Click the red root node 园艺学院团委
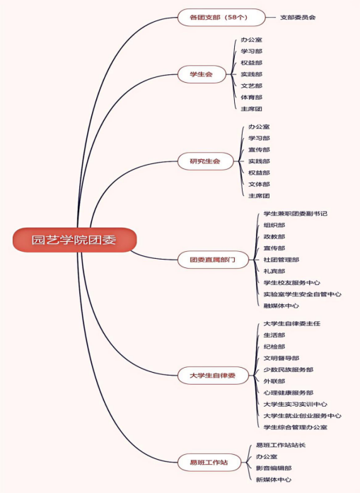point(74,240)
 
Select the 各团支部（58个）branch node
point(221,17)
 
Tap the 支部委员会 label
point(298,17)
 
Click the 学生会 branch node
point(202,74)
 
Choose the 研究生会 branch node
point(205,161)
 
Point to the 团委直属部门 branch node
point(213,260)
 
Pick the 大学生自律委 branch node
point(213,376)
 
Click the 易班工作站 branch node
point(209,463)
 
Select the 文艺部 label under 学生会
point(252,86)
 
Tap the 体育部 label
point(252,98)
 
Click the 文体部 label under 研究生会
point(259,184)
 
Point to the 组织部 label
point(274,225)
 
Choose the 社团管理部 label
point(281,260)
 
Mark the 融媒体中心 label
point(281,306)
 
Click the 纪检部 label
point(274,347)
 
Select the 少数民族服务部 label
point(289,370)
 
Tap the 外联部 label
point(274,381)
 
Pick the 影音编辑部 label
point(274,468)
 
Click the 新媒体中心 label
point(274,480)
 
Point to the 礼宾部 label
point(274,271)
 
